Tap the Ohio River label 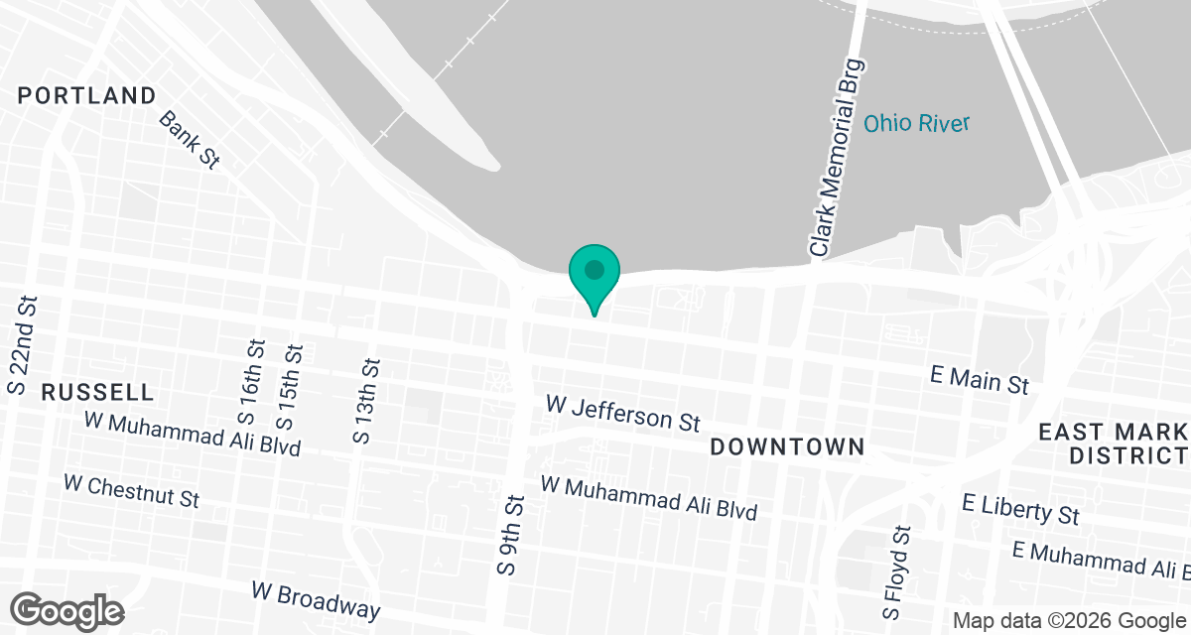point(915,124)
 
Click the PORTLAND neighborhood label point(87,96)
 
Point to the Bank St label point(189,140)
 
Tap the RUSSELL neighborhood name point(97,392)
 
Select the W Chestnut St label point(131,490)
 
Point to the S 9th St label point(510,536)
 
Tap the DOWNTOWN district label point(788,447)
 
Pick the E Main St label point(980,379)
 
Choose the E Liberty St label point(1020,508)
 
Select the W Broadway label point(316,599)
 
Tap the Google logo point(67,610)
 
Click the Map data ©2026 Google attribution point(1068,621)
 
